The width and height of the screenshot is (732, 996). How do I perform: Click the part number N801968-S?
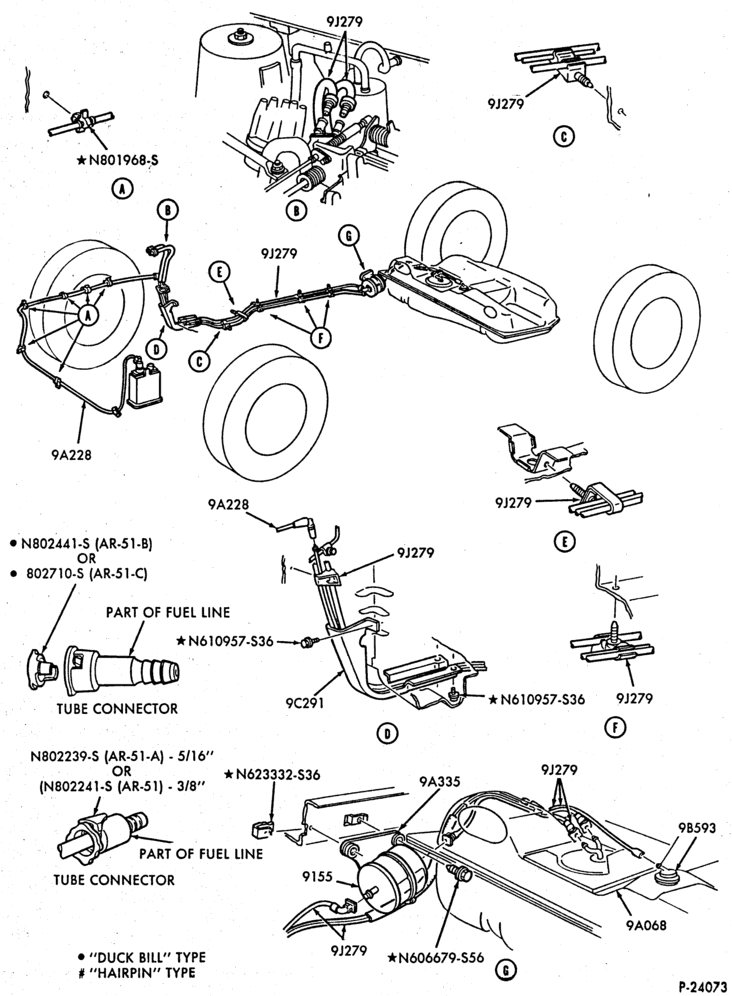[x=123, y=160]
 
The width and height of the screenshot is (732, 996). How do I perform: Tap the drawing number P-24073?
[x=702, y=986]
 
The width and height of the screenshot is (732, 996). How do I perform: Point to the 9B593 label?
[x=696, y=828]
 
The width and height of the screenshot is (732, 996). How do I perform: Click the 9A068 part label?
[x=646, y=925]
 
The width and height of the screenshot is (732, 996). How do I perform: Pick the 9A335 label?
[x=439, y=782]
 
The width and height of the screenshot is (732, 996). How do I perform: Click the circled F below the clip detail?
[x=615, y=727]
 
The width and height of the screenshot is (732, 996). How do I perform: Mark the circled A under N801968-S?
[x=120, y=188]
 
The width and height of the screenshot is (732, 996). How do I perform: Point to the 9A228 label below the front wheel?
[x=71, y=455]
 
